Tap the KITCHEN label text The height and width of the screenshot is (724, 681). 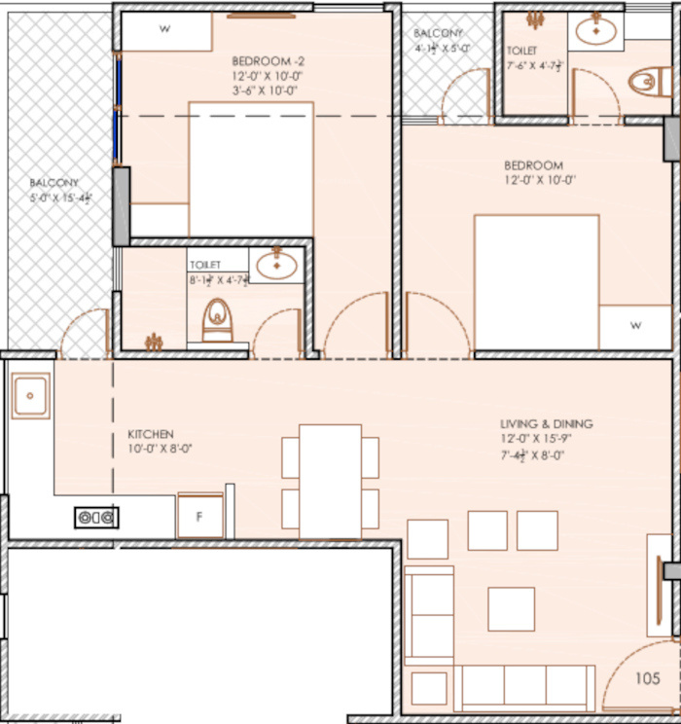(151, 434)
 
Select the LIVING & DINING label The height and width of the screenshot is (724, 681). (546, 424)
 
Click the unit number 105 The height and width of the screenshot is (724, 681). (648, 678)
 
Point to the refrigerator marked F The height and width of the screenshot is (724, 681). (199, 517)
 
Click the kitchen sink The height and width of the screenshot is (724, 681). (31, 396)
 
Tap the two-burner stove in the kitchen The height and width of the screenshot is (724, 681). (96, 518)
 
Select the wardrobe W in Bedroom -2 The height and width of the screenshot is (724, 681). (165, 30)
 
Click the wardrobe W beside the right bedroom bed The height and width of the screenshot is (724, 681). (634, 327)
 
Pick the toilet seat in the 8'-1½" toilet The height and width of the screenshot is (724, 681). (218, 320)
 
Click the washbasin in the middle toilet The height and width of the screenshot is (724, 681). (277, 264)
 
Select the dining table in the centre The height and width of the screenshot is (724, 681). (330, 481)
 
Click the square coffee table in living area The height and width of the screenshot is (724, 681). (511, 609)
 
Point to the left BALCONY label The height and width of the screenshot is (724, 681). (54, 183)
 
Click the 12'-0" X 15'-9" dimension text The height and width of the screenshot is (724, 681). (546, 439)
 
